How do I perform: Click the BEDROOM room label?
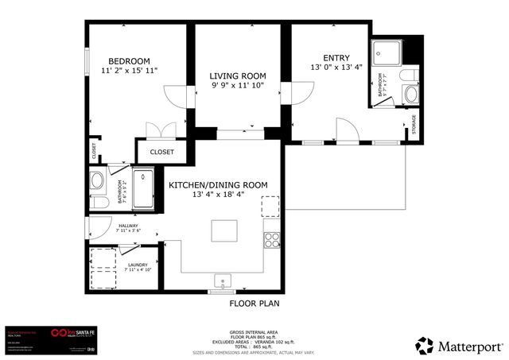tap(129, 61)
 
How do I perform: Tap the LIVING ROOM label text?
tap(236, 75)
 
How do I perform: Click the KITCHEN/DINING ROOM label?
tap(218, 184)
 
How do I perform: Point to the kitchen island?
tap(225, 230)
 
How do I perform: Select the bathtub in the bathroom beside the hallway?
tap(144, 188)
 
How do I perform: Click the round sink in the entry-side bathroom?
tap(410, 95)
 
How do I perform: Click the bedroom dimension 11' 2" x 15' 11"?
tap(130, 71)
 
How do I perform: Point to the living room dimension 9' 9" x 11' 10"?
tap(236, 85)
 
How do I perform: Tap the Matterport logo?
tap(459, 345)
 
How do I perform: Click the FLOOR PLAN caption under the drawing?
tap(254, 303)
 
